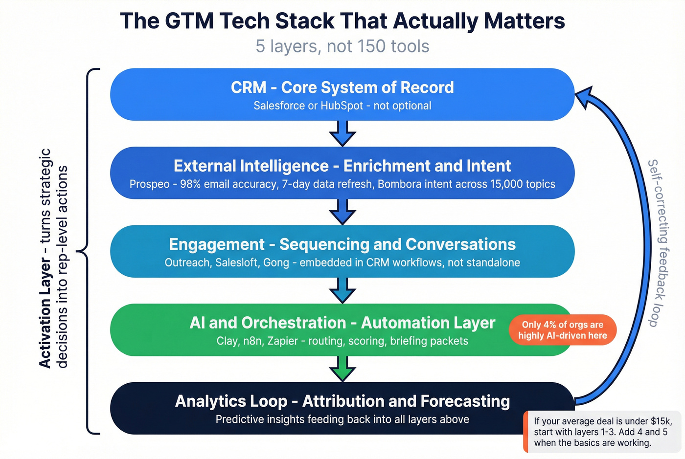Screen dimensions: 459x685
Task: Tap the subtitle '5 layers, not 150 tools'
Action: (342, 46)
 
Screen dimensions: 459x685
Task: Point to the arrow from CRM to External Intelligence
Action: (342, 133)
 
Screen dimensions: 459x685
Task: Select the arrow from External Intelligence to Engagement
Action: (342, 212)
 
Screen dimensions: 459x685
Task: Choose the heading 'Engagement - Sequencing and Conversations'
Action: (342, 244)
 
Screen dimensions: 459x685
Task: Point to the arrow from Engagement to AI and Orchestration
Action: (342, 290)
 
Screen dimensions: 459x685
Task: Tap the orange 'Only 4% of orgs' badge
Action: (563, 330)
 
